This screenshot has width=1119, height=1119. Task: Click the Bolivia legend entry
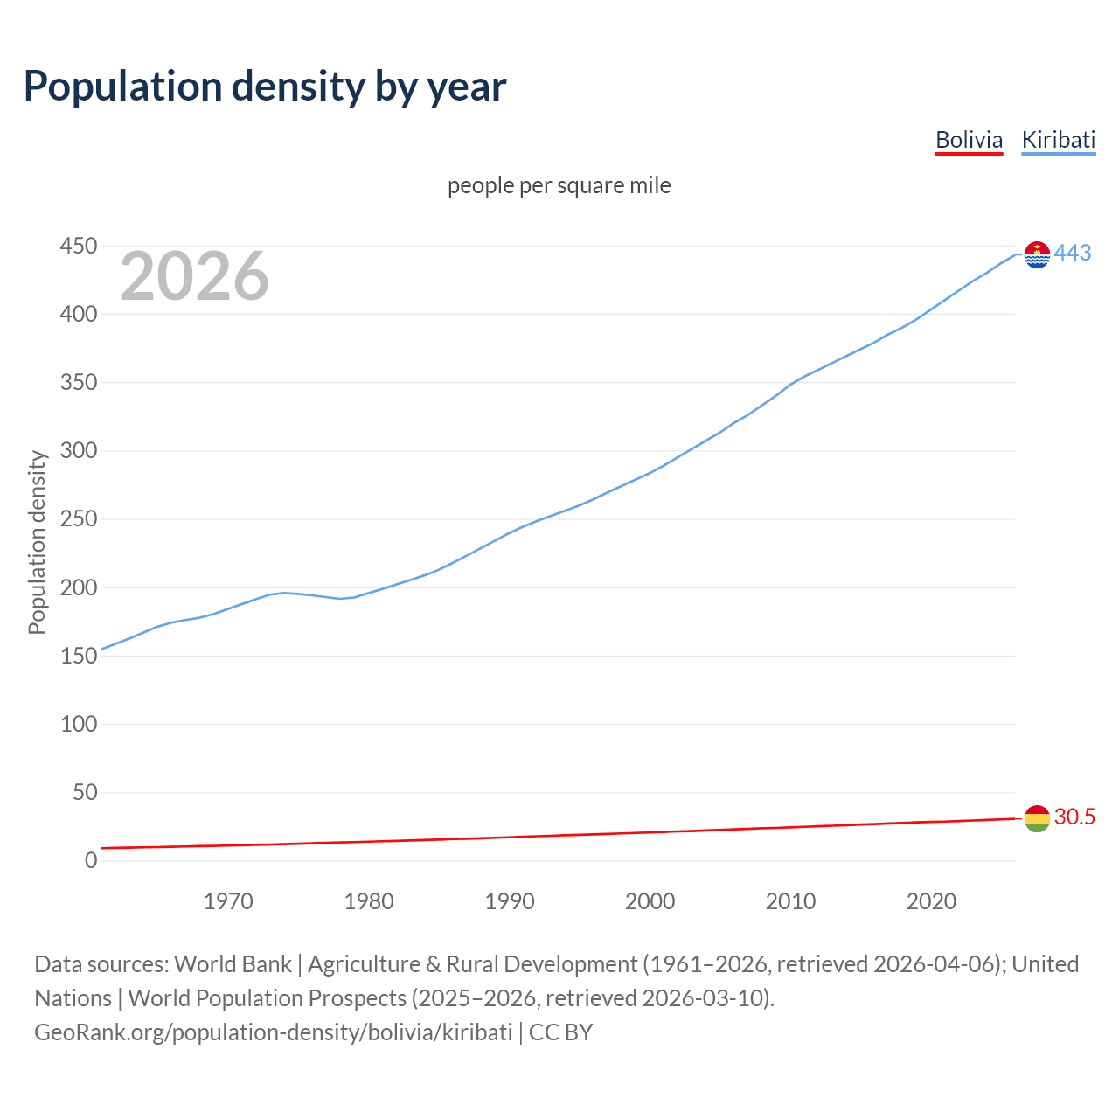pos(969,140)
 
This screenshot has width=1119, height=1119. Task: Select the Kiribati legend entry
pos(1058,140)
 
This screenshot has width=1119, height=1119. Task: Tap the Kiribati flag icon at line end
pos(1037,254)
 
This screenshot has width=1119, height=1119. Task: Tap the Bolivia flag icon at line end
pos(1037,818)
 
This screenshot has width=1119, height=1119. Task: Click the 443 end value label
pos(1073,254)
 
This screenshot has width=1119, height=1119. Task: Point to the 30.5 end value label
pos(1074,817)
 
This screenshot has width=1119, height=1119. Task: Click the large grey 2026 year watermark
pos(194,276)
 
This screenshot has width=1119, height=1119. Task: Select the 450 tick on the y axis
pos(78,247)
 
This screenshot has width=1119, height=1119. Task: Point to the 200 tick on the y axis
pos(78,587)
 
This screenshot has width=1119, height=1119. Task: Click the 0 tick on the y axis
pos(91,861)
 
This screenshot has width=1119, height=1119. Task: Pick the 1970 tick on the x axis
pos(228,901)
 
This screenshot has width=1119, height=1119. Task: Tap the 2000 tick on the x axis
pos(650,901)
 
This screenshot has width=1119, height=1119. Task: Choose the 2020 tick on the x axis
pos(931,901)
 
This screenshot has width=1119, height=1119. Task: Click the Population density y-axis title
pos(37,542)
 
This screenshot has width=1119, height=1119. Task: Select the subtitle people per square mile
pos(559,186)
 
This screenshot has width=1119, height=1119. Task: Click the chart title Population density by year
pos(265,87)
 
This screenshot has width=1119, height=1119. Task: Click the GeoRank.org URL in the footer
pos(273,1032)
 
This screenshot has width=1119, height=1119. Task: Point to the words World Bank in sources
pos(233,964)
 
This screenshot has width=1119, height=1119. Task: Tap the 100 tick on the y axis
pos(78,725)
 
